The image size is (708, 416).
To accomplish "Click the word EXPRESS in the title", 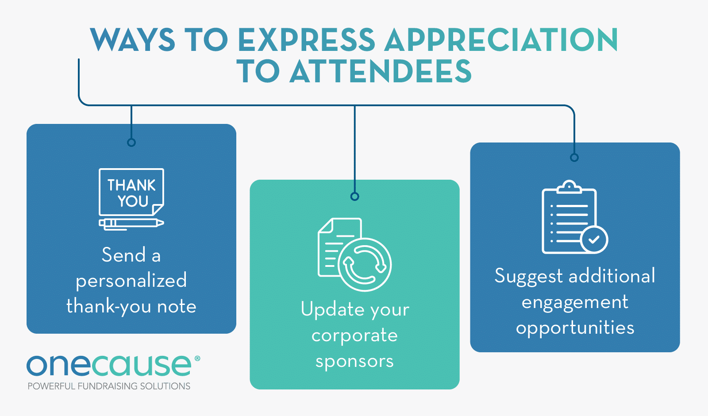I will (306, 40).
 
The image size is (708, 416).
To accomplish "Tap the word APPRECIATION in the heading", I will (501, 40).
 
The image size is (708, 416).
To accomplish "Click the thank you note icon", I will (131, 192).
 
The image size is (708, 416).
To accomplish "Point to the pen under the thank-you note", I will (131, 223).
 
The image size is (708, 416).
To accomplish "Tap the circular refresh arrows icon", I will (365, 265).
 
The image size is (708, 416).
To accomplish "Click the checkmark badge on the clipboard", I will (594, 239).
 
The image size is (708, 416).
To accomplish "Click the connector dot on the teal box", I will (354, 196).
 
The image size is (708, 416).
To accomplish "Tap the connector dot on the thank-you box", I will (131, 143).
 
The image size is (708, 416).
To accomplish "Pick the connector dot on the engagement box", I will (574, 158).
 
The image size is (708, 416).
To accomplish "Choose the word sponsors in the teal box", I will (354, 362).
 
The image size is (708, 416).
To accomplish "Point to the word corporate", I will (354, 335).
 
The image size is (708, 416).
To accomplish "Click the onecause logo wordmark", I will (109, 366).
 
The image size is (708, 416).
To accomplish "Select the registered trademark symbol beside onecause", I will (197, 358).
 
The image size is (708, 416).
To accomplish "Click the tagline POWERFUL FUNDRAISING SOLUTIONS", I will (109, 386).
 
